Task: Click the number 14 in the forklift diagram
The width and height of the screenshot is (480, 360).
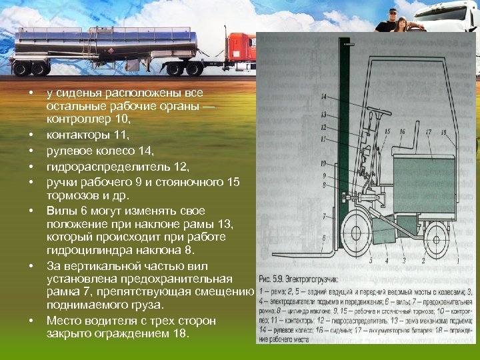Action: click(x=323, y=97)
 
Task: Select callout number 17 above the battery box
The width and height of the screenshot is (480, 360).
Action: click(x=429, y=132)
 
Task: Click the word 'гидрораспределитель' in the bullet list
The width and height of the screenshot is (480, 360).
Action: click(x=99, y=166)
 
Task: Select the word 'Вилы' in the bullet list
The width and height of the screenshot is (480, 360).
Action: click(x=59, y=211)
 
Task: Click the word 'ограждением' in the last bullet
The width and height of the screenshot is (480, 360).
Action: click(x=135, y=334)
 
